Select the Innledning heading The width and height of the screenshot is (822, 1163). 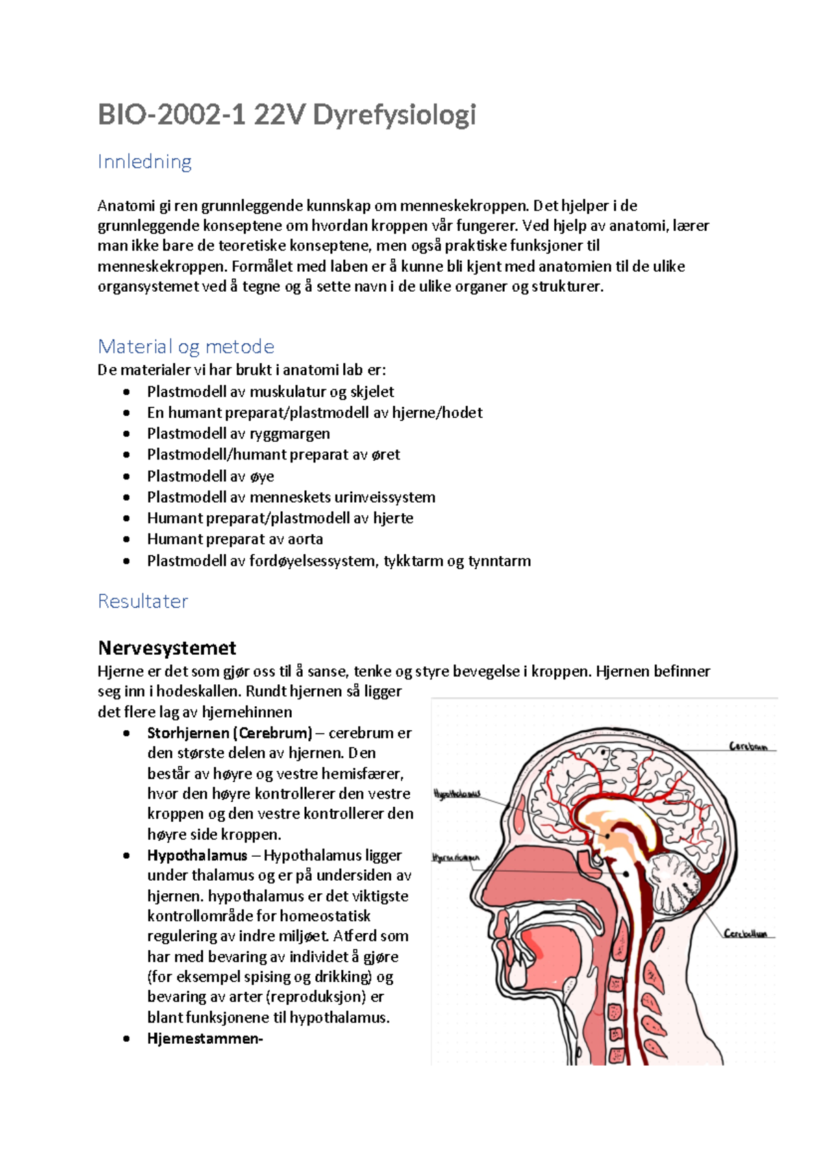pos(145,162)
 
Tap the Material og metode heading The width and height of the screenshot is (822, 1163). pos(186,347)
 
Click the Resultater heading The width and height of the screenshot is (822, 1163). pos(142,601)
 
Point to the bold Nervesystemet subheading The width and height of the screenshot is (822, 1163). pos(167,648)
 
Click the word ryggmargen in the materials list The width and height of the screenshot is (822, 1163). pos(290,434)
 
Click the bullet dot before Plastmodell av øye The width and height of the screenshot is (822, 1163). pos(126,476)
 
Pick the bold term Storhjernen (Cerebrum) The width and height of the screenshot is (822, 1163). pos(229,733)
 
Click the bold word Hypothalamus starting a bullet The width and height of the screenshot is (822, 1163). pos(197,855)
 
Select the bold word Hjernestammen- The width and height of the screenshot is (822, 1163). pos(205,1038)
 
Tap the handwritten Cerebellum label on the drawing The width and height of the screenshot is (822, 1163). pos(745,933)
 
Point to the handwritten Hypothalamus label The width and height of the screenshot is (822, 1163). pos(457,794)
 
